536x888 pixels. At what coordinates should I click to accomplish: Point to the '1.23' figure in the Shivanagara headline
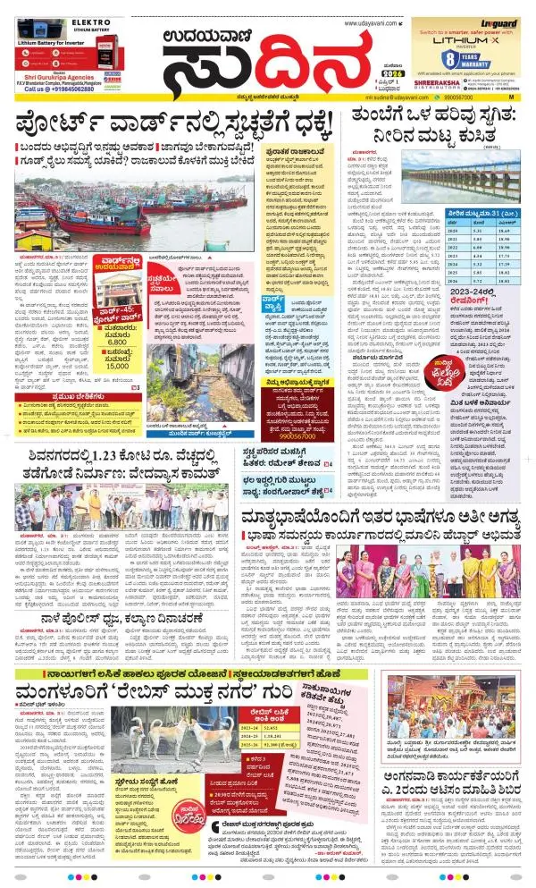(x=103, y=452)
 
